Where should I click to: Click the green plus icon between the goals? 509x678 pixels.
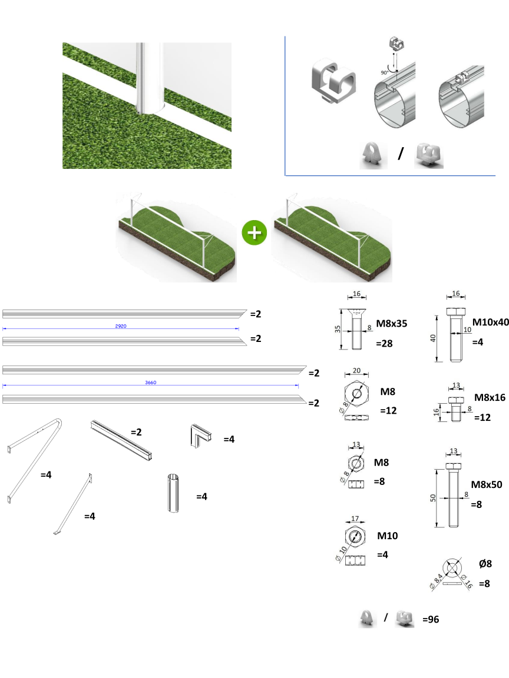tap(254, 232)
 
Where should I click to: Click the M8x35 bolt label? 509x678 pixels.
tap(392, 324)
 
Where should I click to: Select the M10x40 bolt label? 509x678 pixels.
tap(490, 322)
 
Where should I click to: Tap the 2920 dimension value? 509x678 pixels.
tap(121, 326)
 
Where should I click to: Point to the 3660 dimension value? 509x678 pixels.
tap(151, 383)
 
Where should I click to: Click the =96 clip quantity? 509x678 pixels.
tap(431, 620)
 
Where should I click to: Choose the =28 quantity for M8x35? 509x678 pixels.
tap(384, 344)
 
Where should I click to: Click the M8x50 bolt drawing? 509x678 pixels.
tap(453, 495)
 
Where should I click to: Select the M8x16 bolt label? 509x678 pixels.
tap(490, 398)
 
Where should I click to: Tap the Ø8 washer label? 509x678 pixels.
tap(485, 564)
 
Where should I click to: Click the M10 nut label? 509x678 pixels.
tap(388, 536)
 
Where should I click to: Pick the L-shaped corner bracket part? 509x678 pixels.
tap(200, 436)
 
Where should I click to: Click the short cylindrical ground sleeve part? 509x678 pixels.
tap(173, 493)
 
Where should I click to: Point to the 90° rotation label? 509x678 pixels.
tap(384, 72)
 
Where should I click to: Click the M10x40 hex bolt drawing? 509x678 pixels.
tap(456, 335)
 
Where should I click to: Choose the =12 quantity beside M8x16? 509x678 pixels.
tap(482, 418)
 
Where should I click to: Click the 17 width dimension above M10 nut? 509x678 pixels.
tap(355, 519)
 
